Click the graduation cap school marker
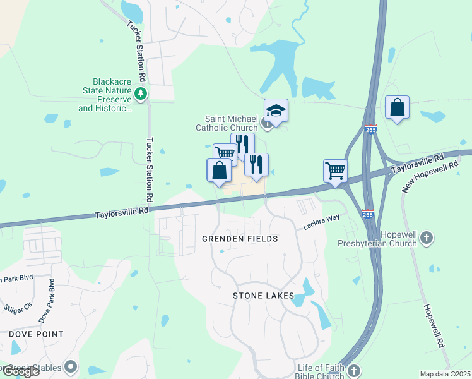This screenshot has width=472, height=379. [x=276, y=111]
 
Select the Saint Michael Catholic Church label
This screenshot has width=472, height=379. [x=231, y=123]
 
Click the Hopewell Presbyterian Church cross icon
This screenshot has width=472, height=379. [x=427, y=238]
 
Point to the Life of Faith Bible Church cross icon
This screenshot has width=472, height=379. [x=353, y=371]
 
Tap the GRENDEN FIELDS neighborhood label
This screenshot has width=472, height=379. [x=240, y=239]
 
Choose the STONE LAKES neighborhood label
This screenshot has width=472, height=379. [x=263, y=296]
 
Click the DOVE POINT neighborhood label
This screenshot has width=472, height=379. [x=37, y=334]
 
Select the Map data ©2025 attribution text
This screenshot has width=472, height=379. [x=445, y=374]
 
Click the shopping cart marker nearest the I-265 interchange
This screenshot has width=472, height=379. [x=335, y=170]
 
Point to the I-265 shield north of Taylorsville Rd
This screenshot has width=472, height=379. [x=371, y=129]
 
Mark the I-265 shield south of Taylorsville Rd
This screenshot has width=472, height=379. [x=368, y=214]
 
